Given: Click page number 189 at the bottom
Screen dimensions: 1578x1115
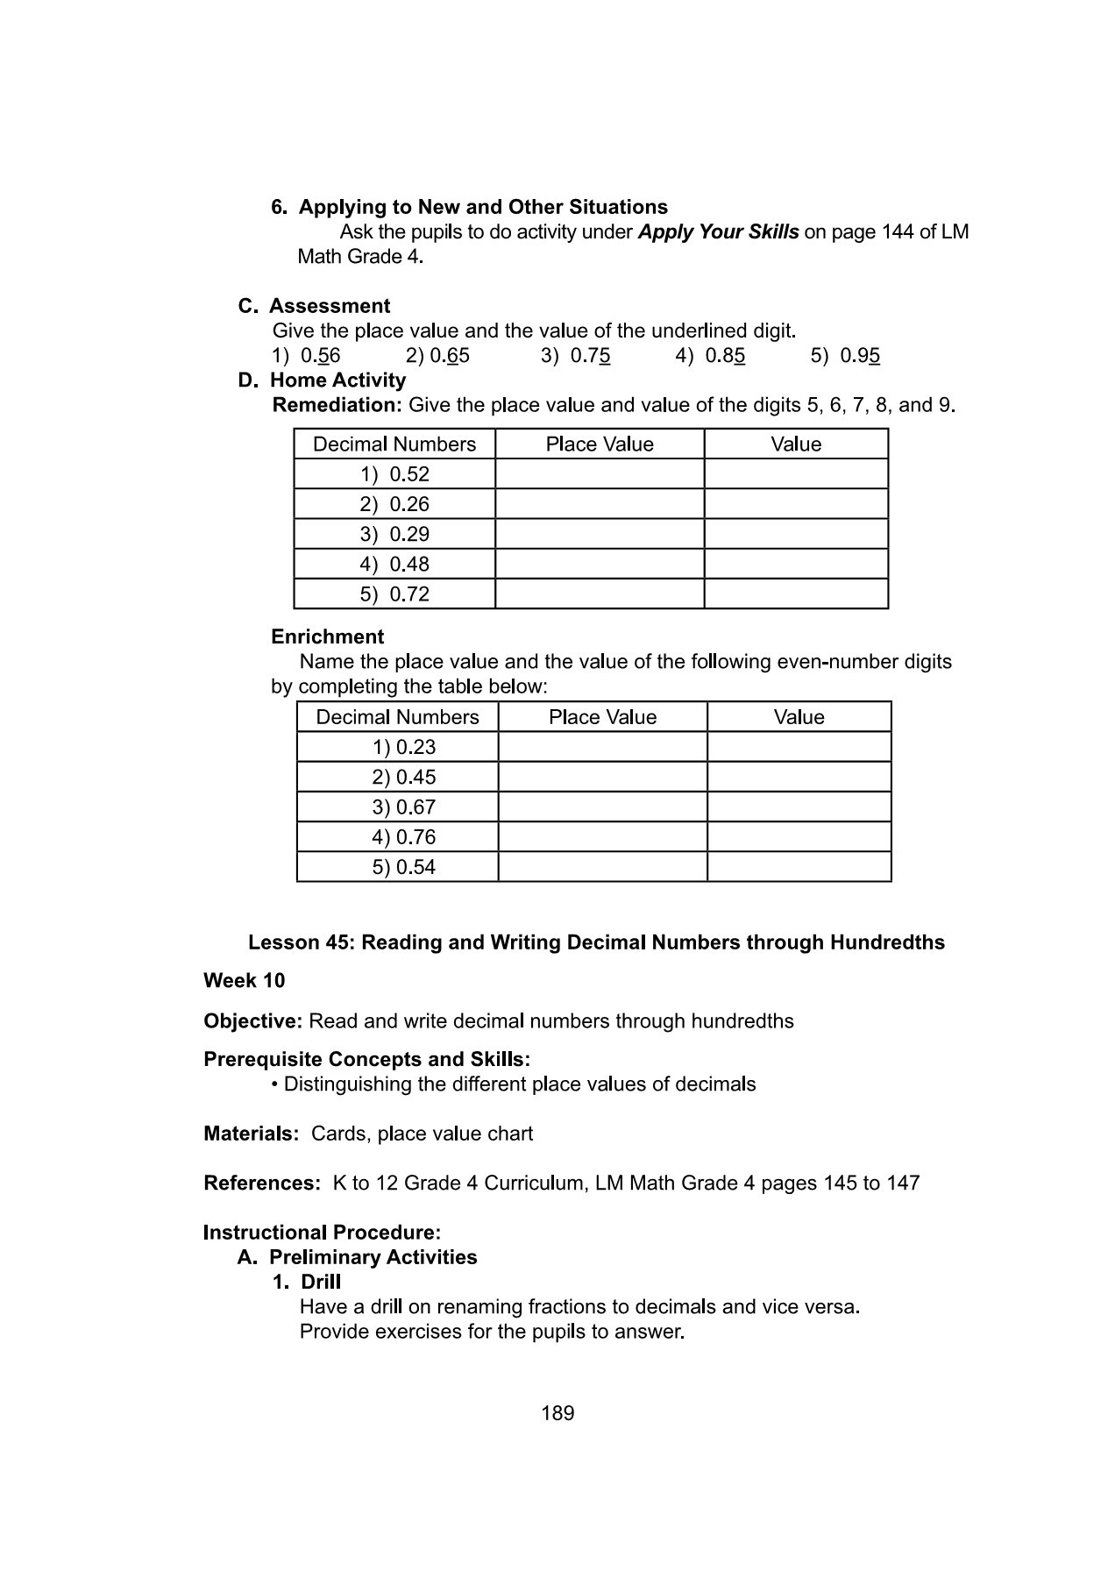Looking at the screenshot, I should click(x=557, y=1412).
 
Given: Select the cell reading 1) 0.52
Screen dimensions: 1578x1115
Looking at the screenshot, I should click(x=394, y=474).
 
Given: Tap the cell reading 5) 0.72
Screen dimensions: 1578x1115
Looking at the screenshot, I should click(x=394, y=594).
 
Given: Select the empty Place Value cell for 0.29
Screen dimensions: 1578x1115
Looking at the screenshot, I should click(x=600, y=534).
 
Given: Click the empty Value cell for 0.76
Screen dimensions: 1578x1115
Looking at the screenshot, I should click(x=799, y=836).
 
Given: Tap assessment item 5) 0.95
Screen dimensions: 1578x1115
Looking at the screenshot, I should click(x=845, y=356).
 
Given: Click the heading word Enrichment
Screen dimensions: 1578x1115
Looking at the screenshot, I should click(x=327, y=636).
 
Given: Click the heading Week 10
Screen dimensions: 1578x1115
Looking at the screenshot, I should click(x=244, y=980).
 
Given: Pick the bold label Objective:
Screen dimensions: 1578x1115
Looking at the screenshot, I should click(x=252, y=1021).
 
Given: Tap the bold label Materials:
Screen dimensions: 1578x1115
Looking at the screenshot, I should click(x=251, y=1134).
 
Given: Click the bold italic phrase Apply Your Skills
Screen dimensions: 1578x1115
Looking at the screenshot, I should click(x=718, y=232).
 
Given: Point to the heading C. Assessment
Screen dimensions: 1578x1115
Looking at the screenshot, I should click(x=314, y=306).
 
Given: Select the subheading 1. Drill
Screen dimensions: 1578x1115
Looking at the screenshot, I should click(x=306, y=1282).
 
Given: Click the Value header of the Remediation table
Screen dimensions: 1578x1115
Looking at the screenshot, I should click(x=796, y=444).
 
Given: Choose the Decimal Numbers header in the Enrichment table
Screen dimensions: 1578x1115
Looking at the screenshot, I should click(x=397, y=717).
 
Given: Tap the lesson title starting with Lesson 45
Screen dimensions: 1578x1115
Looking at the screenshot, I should click(x=596, y=942).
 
